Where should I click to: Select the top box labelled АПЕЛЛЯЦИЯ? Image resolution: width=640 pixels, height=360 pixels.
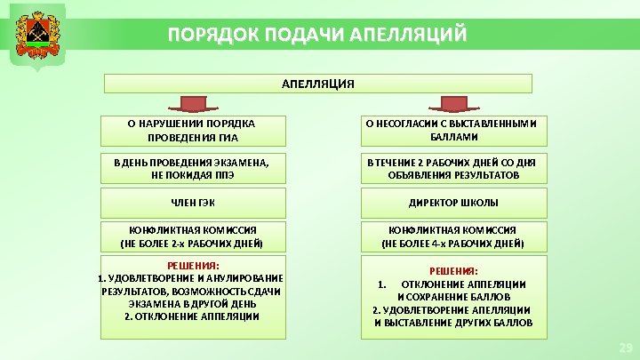click(x=318, y=84)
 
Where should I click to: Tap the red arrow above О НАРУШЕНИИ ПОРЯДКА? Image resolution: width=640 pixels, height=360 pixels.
click(x=193, y=104)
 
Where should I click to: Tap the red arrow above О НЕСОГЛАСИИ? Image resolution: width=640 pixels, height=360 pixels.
click(x=453, y=104)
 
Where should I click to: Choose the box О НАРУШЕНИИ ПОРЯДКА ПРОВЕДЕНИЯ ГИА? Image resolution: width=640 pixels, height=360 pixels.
click(x=193, y=130)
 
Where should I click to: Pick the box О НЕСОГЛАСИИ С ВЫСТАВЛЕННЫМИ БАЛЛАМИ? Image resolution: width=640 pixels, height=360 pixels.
click(x=453, y=130)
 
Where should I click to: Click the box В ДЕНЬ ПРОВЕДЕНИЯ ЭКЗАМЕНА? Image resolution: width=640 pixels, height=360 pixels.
click(x=193, y=168)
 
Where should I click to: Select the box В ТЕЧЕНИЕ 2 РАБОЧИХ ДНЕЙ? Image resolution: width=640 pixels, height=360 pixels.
click(x=453, y=168)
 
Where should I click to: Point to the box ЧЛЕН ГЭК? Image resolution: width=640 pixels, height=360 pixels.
click(x=193, y=203)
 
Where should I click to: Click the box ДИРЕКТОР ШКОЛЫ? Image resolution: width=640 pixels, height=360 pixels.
click(x=453, y=203)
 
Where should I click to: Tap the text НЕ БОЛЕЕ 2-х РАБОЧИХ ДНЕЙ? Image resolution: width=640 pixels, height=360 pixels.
click(x=193, y=243)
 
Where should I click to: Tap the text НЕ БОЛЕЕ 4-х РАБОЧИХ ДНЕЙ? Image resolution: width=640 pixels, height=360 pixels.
click(x=453, y=243)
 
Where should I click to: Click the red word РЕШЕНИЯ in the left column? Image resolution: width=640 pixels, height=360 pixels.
click(x=193, y=266)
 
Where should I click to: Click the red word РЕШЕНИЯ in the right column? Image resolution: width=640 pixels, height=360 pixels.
click(x=453, y=270)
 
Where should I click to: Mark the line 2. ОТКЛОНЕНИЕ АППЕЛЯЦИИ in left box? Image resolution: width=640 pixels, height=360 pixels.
click(x=193, y=316)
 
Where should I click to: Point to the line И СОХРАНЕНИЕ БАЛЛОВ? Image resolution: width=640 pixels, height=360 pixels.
click(x=453, y=296)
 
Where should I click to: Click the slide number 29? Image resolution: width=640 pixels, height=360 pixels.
click(x=623, y=346)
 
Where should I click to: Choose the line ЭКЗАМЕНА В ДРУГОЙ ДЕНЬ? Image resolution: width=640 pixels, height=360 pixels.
click(x=193, y=303)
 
